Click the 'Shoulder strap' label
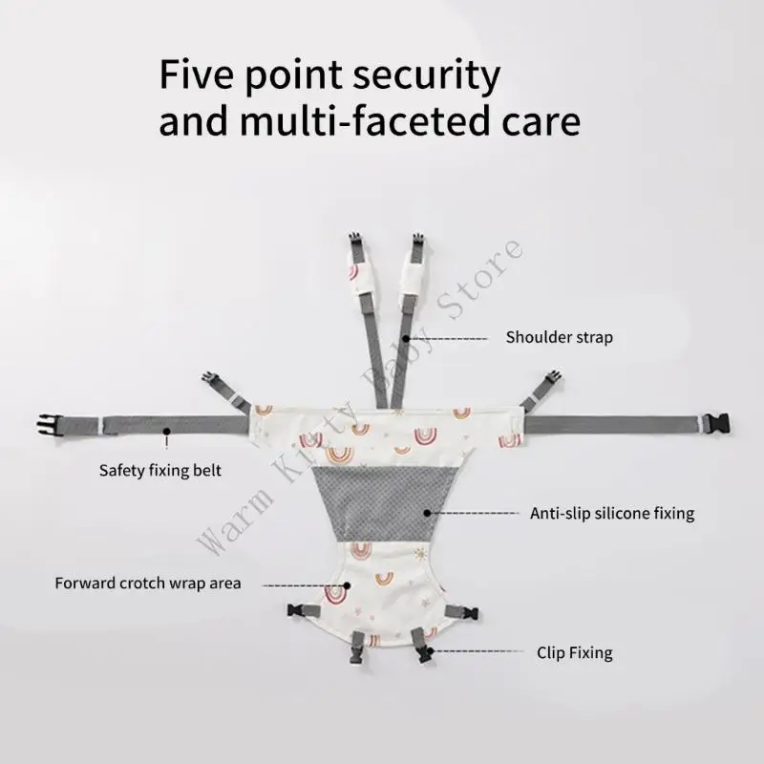[559, 337]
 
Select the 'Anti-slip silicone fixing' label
[612, 514]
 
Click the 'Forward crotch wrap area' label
[148, 583]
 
